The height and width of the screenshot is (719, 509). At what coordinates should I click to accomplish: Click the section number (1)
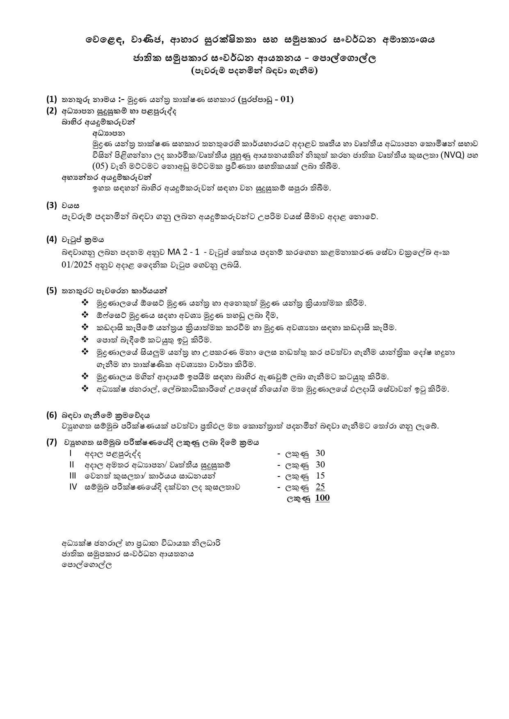51,99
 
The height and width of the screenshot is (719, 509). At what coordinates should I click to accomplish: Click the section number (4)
51,239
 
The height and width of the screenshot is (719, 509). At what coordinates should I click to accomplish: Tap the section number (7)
51,442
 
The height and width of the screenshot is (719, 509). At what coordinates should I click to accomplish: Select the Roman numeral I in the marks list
71,453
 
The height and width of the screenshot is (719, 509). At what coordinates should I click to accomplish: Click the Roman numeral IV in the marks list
73,487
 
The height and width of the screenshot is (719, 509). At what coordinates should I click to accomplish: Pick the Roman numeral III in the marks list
73,476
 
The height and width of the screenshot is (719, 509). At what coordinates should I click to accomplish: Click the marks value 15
320,476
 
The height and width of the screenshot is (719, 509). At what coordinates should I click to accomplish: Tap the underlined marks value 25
320,487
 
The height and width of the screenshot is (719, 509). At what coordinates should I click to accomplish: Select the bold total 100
322,498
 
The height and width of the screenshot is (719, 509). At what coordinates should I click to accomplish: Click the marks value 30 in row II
320,465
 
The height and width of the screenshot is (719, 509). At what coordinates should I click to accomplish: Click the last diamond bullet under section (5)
85,389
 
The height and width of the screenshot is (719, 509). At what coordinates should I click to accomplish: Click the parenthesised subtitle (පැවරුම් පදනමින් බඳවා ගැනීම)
254,70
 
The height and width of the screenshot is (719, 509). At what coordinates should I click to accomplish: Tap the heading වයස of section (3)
71,205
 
